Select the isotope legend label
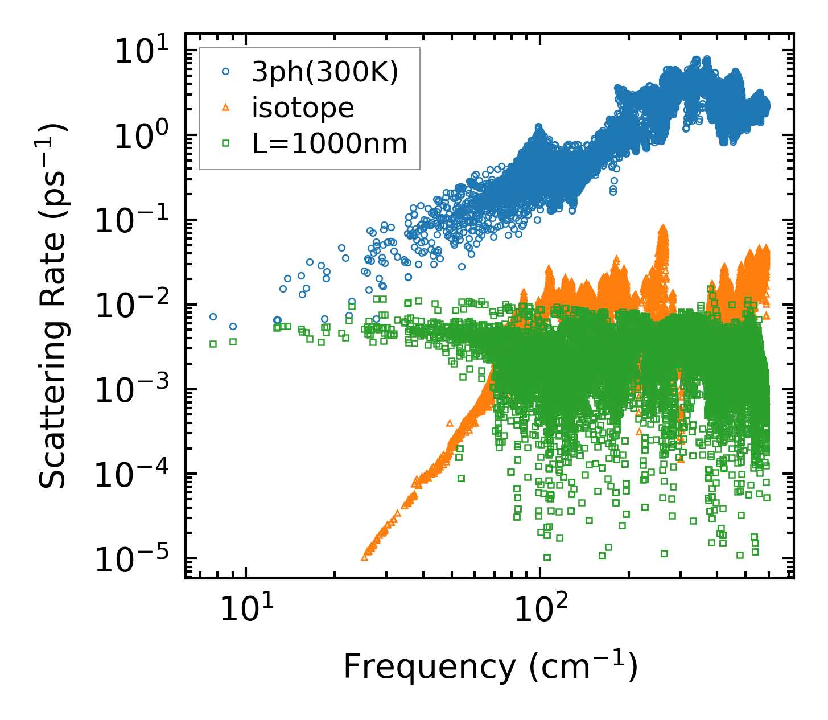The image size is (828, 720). point(303,108)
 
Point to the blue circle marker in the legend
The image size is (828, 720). point(226,72)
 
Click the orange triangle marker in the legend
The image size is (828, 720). point(226,107)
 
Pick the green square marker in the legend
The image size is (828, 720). point(226,143)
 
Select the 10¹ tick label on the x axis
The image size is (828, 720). point(246,610)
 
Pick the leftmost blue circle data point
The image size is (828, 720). point(213,316)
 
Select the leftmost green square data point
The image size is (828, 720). point(213,344)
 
